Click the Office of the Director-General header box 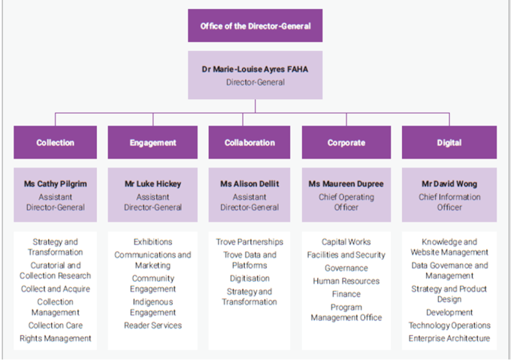pos(255,26)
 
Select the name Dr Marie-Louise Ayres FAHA pos(255,69)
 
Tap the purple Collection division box pos(55,142)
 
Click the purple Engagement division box pos(153,142)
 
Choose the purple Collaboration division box pos(249,142)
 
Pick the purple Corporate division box pos(346,142)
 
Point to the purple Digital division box pos(449,142)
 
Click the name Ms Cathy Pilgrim pos(56,183)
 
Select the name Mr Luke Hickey pos(153,183)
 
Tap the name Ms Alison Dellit pos(249,183)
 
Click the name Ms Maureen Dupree pos(346,183)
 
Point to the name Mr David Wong pos(449,183)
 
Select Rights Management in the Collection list pos(56,338)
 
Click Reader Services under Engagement pos(153,325)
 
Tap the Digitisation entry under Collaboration pos(249,279)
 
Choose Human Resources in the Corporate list pos(346,281)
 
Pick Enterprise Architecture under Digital pos(449,338)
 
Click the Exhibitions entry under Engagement pos(153,242)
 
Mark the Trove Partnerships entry pos(249,242)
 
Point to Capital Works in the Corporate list pos(346,242)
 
